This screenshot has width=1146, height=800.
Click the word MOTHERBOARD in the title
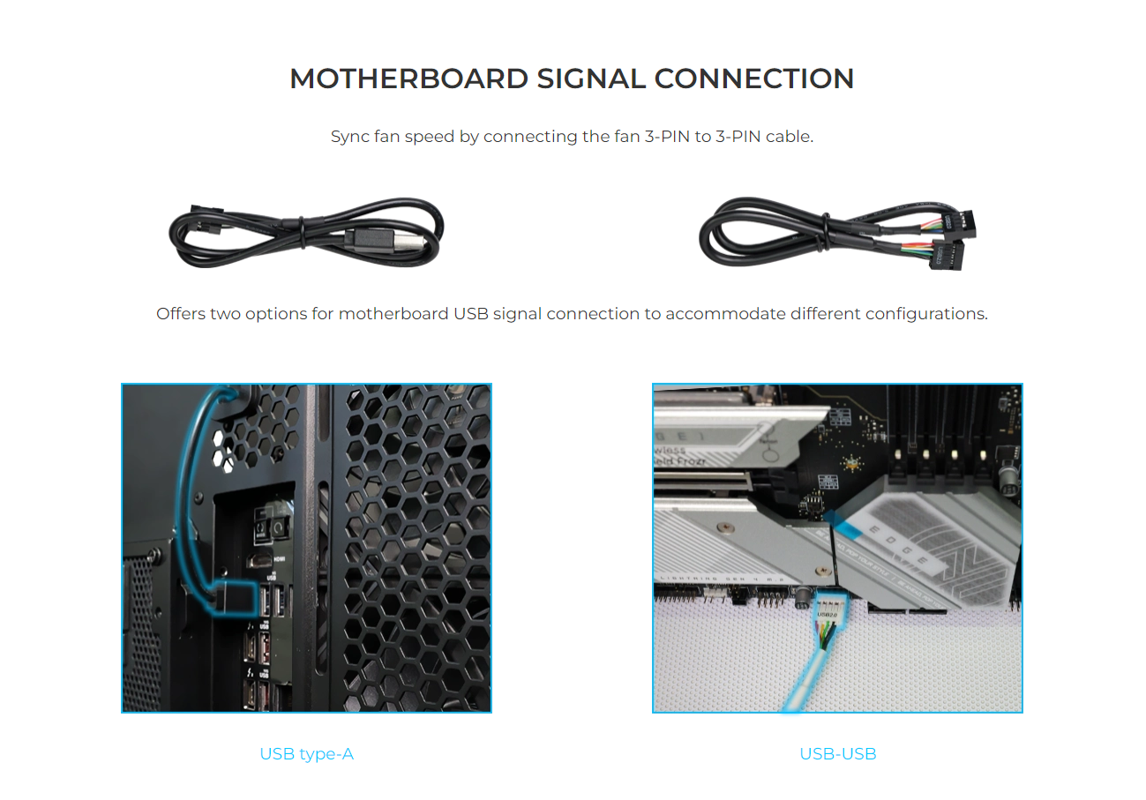tap(409, 79)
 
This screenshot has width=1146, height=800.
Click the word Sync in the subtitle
tap(348, 137)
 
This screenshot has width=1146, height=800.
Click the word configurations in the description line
tap(925, 314)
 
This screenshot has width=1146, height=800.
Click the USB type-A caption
tap(306, 754)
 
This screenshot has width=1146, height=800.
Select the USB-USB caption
tap(837, 754)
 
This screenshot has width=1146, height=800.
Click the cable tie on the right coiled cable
tap(822, 231)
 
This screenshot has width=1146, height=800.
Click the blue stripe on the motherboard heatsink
tap(849, 529)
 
